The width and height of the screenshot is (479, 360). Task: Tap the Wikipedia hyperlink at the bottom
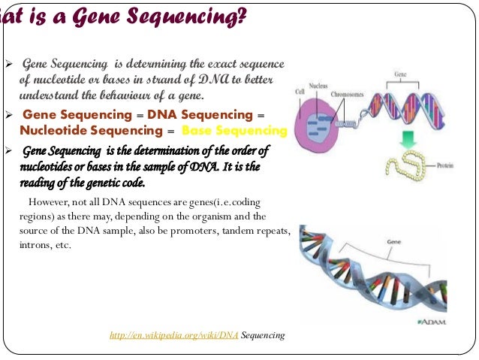coord(173,335)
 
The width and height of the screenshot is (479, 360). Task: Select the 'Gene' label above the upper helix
coord(402,76)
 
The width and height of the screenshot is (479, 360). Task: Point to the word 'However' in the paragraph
coord(47,202)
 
